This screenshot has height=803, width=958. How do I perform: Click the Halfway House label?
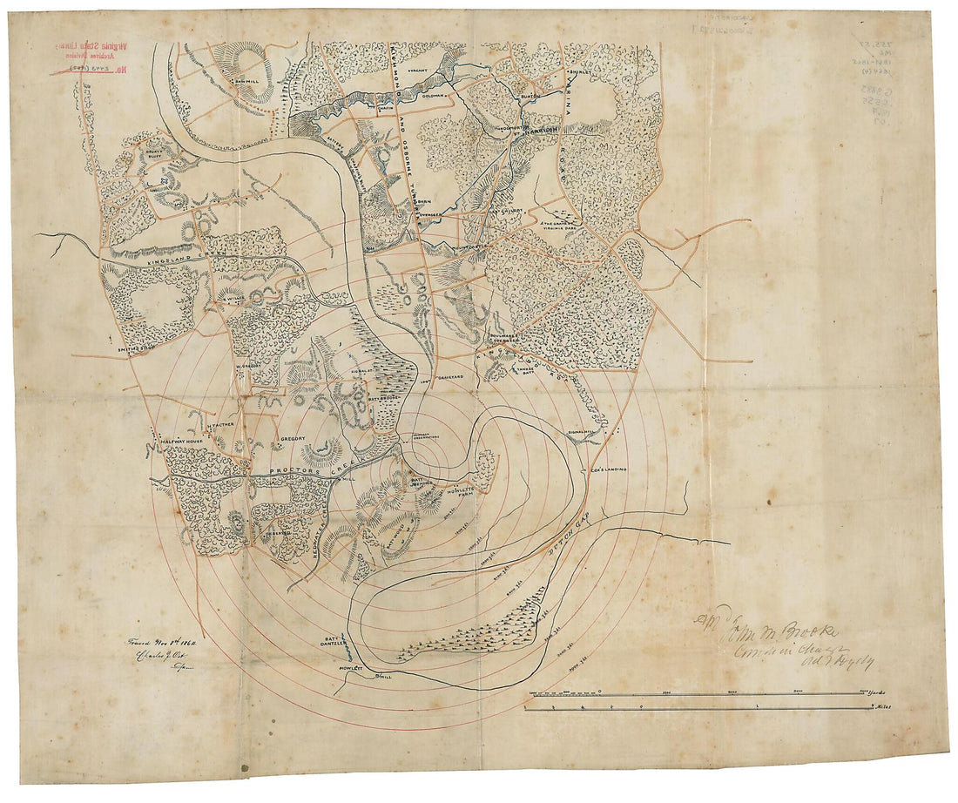pos(182,443)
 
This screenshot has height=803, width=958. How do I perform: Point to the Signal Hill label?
pos(581,432)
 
